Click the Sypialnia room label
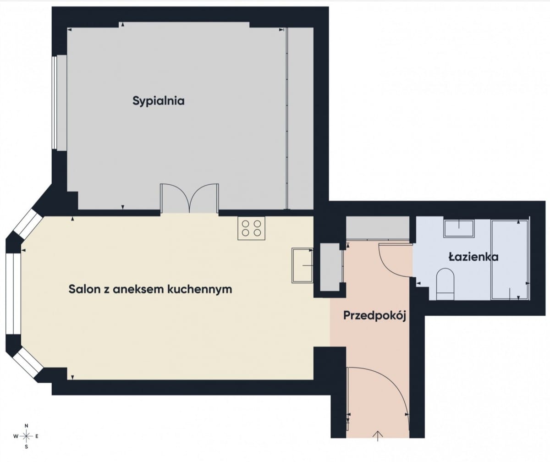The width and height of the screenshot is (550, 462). point(159,101)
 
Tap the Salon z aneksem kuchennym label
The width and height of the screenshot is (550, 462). point(150,289)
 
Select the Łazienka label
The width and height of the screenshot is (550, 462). point(473,257)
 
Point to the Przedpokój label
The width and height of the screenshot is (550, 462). point(375,316)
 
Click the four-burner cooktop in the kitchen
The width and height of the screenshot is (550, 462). point(251,228)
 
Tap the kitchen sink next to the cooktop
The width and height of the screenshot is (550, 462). point(302,265)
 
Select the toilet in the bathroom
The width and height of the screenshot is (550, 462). point(445,284)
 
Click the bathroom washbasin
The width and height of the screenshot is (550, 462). point(458,228)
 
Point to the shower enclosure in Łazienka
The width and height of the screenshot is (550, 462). point(510,259)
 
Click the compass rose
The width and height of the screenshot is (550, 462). point(27,435)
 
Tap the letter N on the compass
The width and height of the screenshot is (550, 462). point(27,425)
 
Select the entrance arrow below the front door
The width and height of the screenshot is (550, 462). point(378,435)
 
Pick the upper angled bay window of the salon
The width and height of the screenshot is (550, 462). point(27,225)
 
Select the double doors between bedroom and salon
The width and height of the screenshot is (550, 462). point(189,198)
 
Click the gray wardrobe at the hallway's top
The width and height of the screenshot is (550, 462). point(377,228)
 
